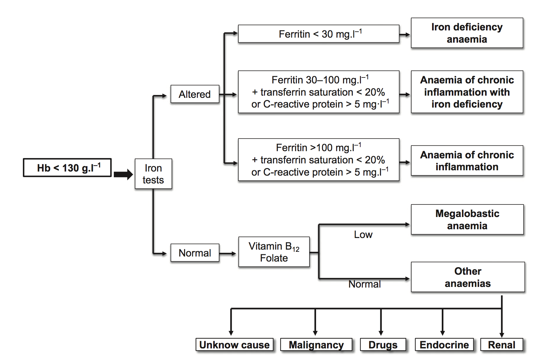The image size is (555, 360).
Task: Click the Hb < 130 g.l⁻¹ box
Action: [67, 168]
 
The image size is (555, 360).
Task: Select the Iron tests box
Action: [153, 174]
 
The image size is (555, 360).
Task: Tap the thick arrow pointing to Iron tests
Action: [123, 174]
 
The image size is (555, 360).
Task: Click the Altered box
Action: [195, 94]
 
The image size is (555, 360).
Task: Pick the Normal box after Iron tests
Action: [195, 253]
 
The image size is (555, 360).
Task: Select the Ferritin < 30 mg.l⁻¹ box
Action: [319, 34]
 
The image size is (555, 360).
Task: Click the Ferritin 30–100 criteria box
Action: [319, 92]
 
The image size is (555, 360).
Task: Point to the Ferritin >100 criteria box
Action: [319, 160]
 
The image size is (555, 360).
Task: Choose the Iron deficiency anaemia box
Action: [467, 33]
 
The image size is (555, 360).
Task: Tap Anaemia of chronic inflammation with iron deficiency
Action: [467, 92]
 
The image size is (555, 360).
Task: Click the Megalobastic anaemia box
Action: [467, 220]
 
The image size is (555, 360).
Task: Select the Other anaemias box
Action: [468, 277]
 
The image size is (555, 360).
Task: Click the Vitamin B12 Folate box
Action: [274, 252]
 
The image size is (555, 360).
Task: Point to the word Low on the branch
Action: [363, 235]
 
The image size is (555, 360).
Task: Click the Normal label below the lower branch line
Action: [364, 284]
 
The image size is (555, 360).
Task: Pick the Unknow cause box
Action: [234, 345]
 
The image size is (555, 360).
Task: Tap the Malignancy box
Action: [316, 345]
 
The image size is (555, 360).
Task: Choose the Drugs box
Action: [383, 345]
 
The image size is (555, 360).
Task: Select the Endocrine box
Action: [444, 345]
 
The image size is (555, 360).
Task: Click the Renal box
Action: [501, 345]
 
